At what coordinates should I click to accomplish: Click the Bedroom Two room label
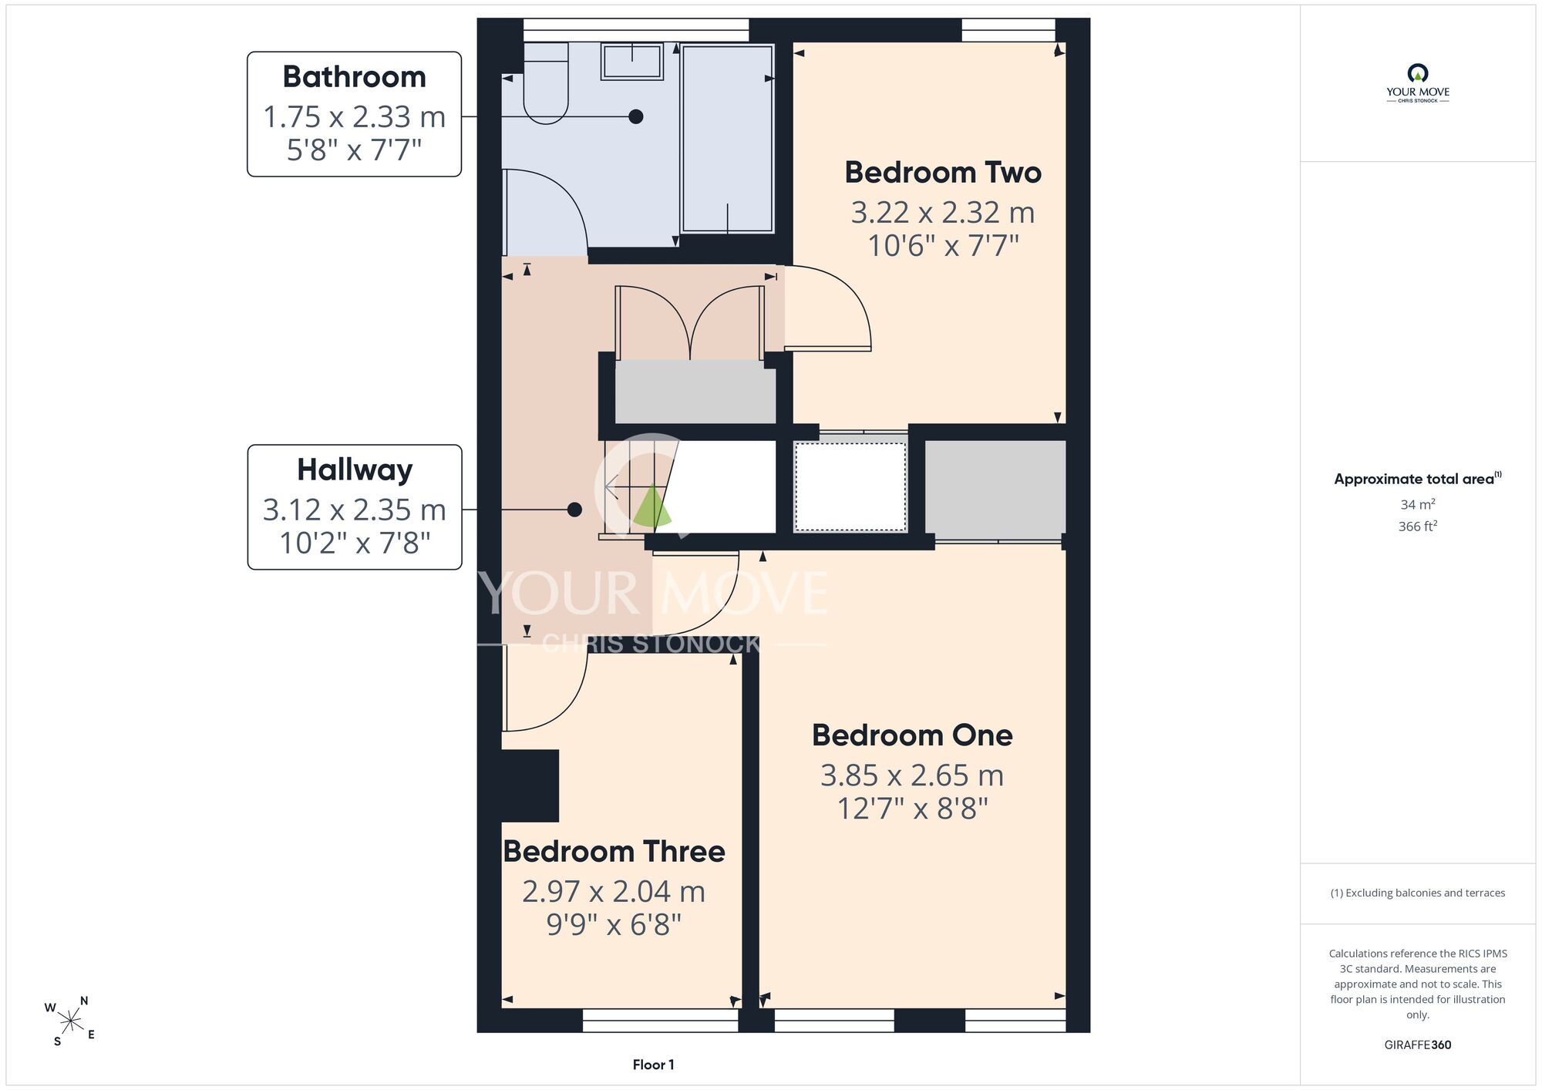(x=943, y=172)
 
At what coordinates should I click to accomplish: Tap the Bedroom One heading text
(x=912, y=735)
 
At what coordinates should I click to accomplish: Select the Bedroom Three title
(x=614, y=851)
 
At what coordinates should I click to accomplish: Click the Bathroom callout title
(x=354, y=76)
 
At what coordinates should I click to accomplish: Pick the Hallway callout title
(x=355, y=470)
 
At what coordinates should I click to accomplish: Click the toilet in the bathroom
(x=546, y=83)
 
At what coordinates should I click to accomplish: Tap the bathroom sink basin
(x=632, y=62)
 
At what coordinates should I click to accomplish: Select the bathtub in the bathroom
(x=727, y=139)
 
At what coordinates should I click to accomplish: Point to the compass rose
(x=70, y=1021)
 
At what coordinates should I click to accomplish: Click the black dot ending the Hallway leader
(x=574, y=510)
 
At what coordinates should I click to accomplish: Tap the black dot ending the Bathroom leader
(x=636, y=116)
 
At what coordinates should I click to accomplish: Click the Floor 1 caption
(x=653, y=1065)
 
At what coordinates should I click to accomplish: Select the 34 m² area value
(x=1417, y=504)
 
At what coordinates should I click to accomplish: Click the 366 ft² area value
(x=1417, y=526)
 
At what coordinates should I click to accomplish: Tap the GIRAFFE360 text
(x=1417, y=1045)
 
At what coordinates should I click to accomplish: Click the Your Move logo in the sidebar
(x=1417, y=83)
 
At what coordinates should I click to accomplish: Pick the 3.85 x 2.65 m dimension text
(x=912, y=775)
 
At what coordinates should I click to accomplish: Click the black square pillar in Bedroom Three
(x=530, y=786)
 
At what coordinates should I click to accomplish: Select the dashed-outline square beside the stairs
(x=850, y=486)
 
